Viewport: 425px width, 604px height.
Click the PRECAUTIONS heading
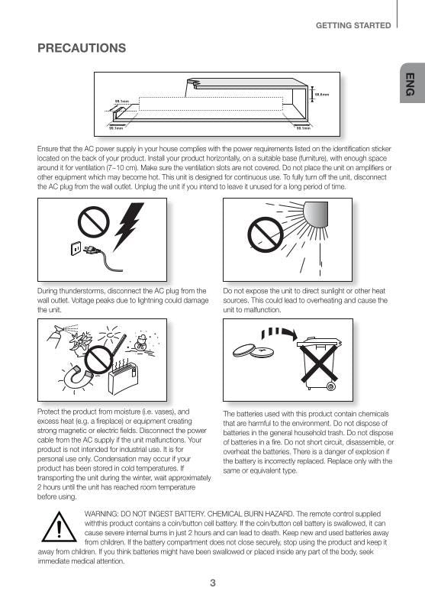click(x=82, y=49)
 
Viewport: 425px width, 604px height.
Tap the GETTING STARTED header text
click(x=353, y=25)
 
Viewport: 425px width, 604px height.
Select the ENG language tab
click(x=410, y=84)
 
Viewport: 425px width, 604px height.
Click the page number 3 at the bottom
click(x=213, y=583)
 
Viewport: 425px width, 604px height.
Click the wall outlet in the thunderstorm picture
click(x=76, y=248)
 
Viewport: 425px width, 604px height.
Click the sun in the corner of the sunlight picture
click(x=316, y=212)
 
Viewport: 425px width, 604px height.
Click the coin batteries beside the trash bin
click(x=255, y=351)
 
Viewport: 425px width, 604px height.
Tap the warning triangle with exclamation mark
click(x=55, y=528)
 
